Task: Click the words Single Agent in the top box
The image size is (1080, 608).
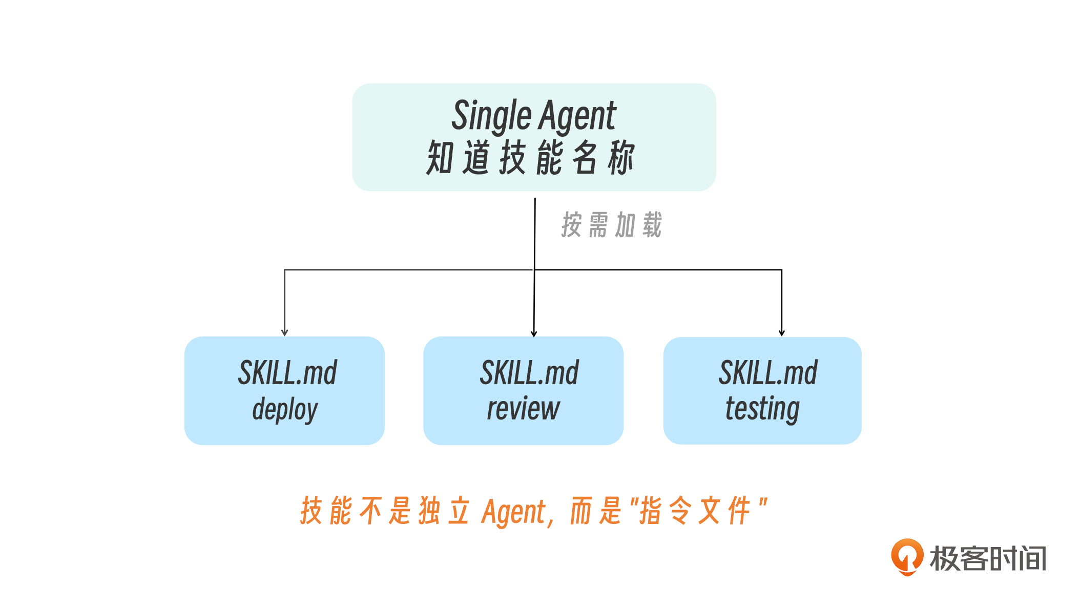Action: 533,116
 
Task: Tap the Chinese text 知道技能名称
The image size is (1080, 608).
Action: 531,158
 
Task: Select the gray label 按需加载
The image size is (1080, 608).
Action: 612,225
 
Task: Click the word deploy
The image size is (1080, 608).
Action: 285,409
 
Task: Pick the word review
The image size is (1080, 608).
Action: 523,409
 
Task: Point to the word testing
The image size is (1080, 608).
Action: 762,409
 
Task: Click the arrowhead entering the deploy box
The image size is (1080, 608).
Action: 285,333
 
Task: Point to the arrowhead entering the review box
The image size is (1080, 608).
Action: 534,333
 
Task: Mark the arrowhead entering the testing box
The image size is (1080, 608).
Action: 782,333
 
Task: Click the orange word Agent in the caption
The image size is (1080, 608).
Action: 514,512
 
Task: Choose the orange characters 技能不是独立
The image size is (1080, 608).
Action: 385,511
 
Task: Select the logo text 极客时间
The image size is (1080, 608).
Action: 988,558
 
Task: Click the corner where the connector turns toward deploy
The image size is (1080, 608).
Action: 285,270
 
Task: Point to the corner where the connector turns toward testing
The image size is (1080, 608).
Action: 782,270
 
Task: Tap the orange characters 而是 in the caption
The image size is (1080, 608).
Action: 596,511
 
